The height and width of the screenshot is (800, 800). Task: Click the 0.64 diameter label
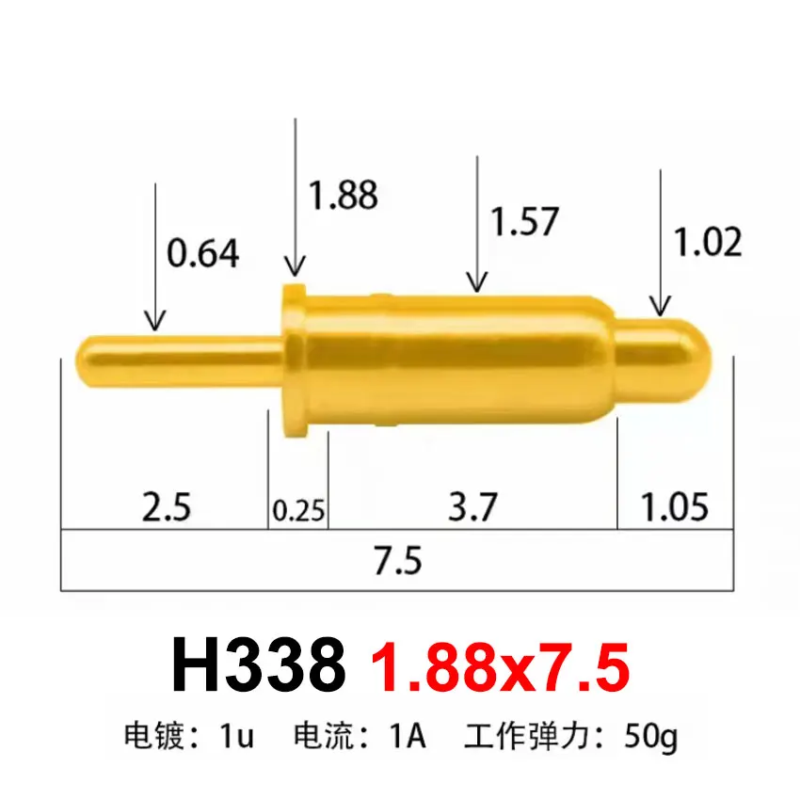(202, 253)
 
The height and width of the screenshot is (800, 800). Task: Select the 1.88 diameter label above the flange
(344, 195)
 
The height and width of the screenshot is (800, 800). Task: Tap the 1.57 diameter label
(525, 222)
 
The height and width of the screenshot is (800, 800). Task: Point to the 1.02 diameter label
(708, 243)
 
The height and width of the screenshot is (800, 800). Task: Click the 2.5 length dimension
(167, 508)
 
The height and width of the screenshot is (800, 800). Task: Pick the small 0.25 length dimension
(298, 511)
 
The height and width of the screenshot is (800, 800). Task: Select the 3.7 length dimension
(472, 508)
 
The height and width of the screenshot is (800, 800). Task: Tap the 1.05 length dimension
(674, 508)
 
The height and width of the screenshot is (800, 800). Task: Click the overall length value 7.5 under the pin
(397, 562)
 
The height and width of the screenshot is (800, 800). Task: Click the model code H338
(258, 666)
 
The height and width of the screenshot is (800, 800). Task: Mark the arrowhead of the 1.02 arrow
(662, 306)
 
